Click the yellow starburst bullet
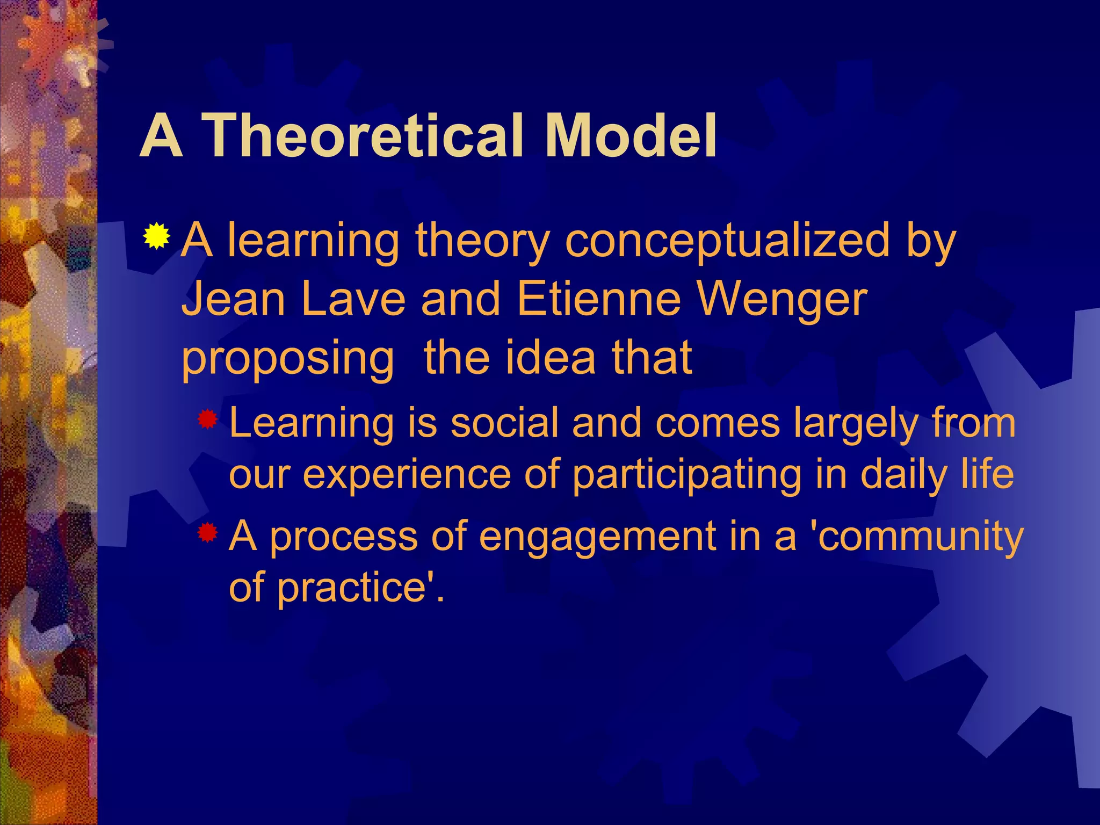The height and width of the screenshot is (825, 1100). click(x=156, y=236)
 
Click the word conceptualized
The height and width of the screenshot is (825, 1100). click(x=727, y=242)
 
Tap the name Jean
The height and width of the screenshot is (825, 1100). click(x=234, y=299)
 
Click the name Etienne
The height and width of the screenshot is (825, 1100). click(x=598, y=299)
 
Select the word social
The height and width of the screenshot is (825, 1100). click(x=505, y=423)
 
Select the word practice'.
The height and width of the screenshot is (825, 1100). click(x=360, y=589)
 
